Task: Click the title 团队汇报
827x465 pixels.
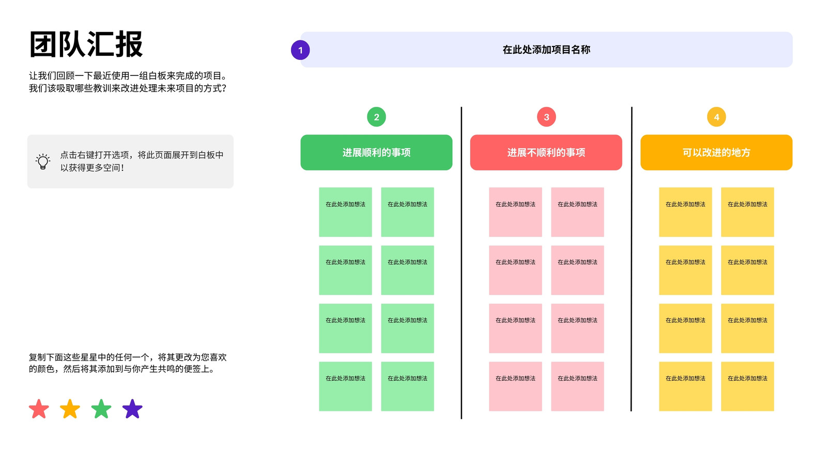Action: [x=86, y=44]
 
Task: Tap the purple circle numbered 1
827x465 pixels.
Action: [x=300, y=50]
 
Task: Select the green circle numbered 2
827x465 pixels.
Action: [x=376, y=117]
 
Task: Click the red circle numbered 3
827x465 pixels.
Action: [x=546, y=117]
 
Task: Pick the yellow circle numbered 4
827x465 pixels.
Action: [x=716, y=117]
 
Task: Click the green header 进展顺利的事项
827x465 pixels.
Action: [x=376, y=152]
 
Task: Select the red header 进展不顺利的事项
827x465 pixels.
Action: [x=546, y=152]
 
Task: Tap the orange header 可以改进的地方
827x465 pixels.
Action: [x=716, y=152]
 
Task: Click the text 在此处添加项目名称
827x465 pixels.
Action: [x=546, y=50]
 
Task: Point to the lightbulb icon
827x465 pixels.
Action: [x=43, y=161]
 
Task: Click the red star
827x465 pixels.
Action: [x=39, y=409]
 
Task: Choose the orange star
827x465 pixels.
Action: [x=70, y=409]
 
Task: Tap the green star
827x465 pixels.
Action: [x=101, y=409]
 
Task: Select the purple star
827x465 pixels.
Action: [x=132, y=409]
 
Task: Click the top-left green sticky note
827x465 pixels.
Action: [x=345, y=212]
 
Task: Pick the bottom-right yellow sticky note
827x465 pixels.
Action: [x=747, y=386]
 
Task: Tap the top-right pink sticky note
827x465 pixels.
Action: [x=577, y=212]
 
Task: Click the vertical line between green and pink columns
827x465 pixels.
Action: [x=461, y=263]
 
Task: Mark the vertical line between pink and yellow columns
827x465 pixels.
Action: [x=631, y=259]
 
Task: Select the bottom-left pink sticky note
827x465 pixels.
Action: [x=515, y=386]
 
